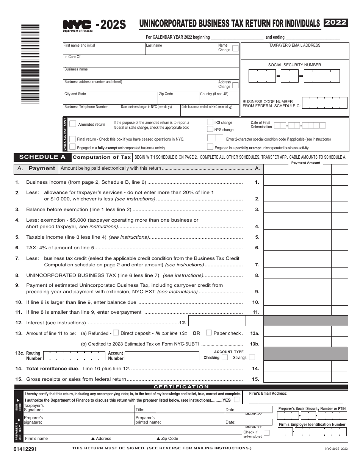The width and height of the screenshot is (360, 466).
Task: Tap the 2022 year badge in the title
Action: pyautogui.click(x=336, y=22)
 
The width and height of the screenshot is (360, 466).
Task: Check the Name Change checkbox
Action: pyautogui.click(x=235, y=48)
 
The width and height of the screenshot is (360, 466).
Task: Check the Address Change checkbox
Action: pyautogui.click(x=235, y=85)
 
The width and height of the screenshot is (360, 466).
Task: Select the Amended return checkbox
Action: pyautogui.click(x=73, y=124)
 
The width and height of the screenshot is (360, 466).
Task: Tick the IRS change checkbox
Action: pyautogui.click(x=210, y=122)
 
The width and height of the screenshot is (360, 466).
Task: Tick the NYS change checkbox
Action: pyautogui.click(x=210, y=129)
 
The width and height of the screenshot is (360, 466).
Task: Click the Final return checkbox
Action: pyautogui.click(x=72, y=139)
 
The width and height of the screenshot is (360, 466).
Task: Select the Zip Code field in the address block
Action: pyautogui.click(x=178, y=97)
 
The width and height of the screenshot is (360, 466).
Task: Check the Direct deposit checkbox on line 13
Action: pyautogui.click(x=116, y=333)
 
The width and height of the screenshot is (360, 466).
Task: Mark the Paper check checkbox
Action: pyautogui.click(x=209, y=333)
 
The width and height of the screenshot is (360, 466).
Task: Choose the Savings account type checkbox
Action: pyautogui.click(x=252, y=357)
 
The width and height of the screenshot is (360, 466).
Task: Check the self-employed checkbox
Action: pyautogui.click(x=266, y=433)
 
